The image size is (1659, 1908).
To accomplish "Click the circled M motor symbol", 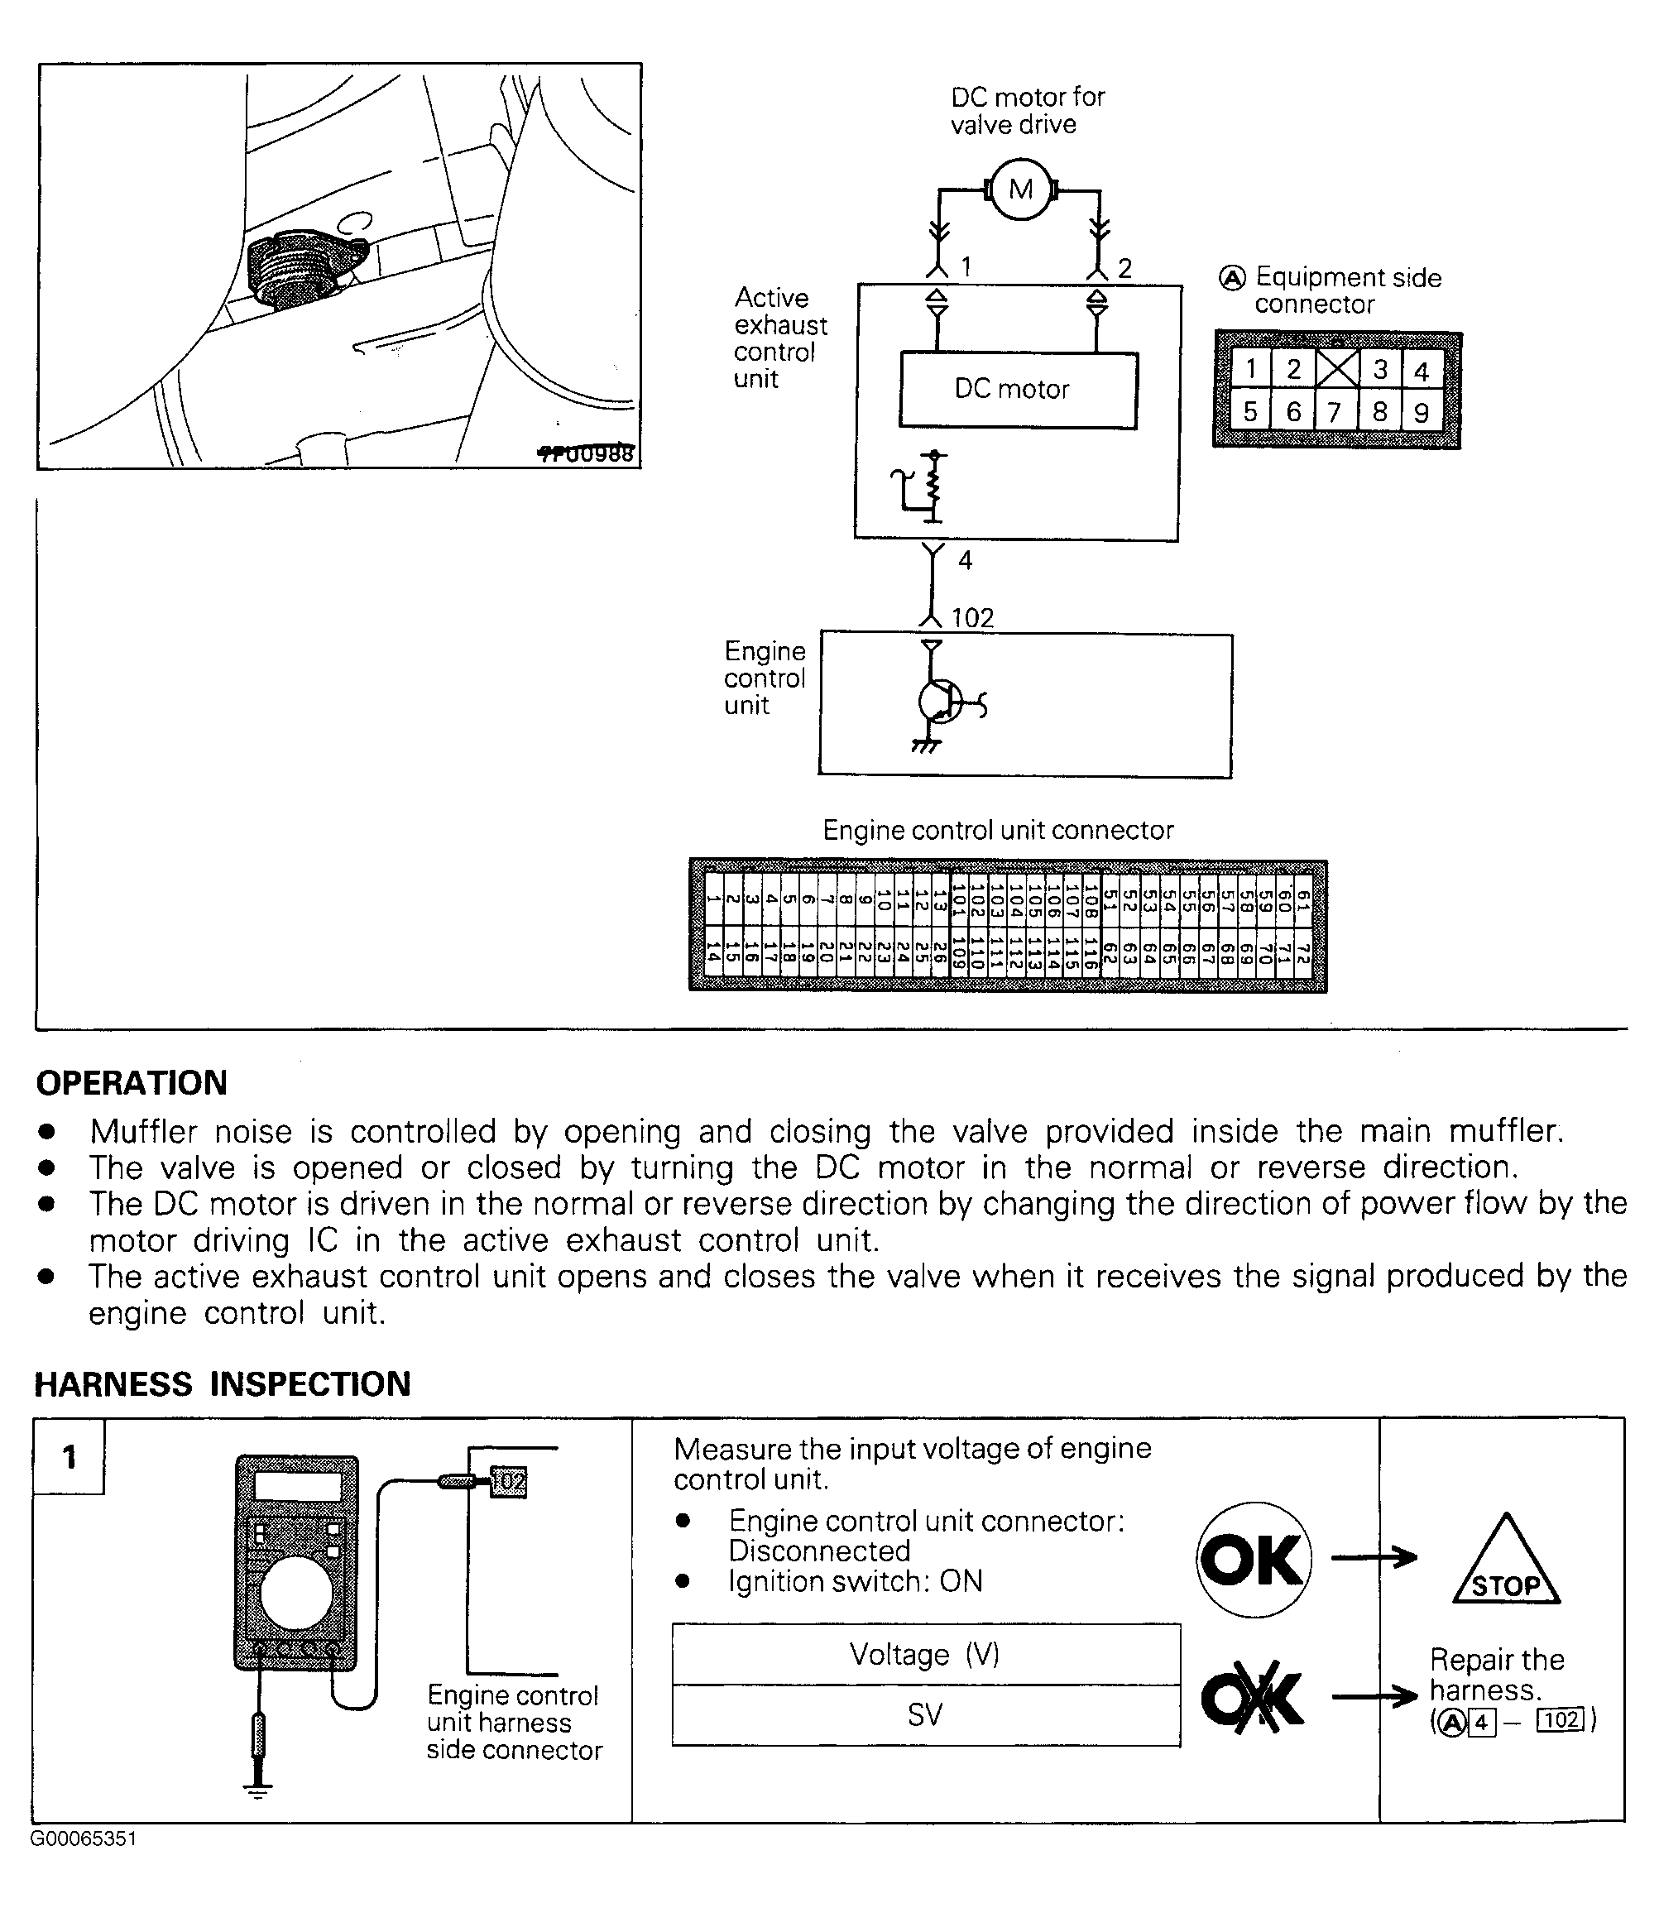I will (1021, 189).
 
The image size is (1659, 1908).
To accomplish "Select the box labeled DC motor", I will (1018, 390).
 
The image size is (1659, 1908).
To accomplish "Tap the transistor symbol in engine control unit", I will (937, 702).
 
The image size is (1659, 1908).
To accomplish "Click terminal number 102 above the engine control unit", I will (973, 617).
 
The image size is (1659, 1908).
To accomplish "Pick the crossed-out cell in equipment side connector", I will (1337, 368).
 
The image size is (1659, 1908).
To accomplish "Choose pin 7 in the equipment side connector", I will (1334, 412).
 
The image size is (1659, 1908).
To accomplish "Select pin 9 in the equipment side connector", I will (1421, 412).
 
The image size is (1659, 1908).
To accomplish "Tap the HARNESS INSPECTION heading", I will (223, 1384).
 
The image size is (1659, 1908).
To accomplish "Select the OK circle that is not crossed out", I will (1253, 1560).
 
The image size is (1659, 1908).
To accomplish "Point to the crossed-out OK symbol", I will (1253, 1699).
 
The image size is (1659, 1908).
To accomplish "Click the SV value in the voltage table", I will (925, 1715).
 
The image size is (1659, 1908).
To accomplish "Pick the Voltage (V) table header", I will (925, 1654).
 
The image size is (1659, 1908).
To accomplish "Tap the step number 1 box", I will (69, 1457).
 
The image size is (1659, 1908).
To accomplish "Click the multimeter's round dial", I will (295, 1594).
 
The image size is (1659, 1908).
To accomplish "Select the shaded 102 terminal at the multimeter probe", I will (507, 1482).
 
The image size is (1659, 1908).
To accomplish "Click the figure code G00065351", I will (84, 1838).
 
